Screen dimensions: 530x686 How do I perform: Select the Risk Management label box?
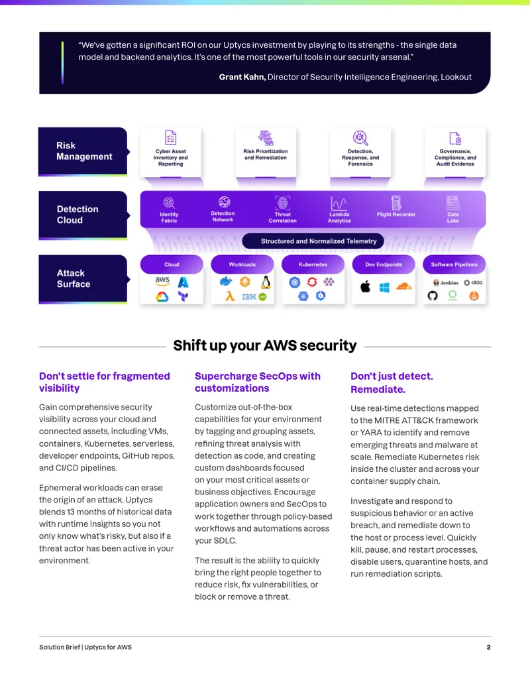(x=83, y=151)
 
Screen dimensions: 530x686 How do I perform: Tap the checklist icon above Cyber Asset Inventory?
(x=170, y=137)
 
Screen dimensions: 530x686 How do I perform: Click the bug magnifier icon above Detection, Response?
(x=360, y=138)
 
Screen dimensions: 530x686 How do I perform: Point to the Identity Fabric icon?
(x=169, y=203)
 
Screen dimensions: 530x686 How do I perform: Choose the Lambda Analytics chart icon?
(x=339, y=203)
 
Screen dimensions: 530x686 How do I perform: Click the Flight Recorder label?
(x=396, y=214)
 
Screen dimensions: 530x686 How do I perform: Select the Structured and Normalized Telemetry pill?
(x=313, y=241)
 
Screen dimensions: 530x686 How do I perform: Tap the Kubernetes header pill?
(x=313, y=264)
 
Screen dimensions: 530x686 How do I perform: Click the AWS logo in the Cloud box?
(x=162, y=280)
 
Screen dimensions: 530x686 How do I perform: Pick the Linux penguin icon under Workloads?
(x=266, y=282)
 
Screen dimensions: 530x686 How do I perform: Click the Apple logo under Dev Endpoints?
(x=366, y=287)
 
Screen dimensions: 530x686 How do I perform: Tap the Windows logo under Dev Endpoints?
(x=384, y=288)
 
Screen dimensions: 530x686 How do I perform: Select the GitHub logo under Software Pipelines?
(x=433, y=296)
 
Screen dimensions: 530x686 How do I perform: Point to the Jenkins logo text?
(x=449, y=282)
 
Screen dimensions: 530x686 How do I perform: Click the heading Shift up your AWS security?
(x=265, y=345)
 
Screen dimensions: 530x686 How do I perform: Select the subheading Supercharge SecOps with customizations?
(x=258, y=382)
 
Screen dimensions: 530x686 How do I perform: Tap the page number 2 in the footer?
(x=488, y=647)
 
